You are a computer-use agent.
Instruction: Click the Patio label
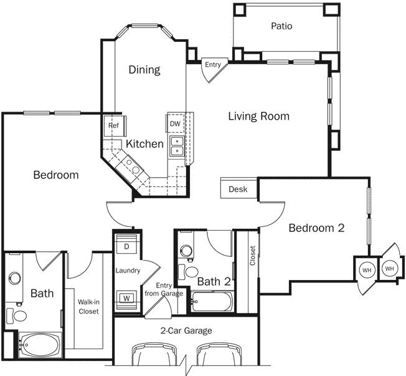point(281,26)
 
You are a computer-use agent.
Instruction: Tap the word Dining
point(144,69)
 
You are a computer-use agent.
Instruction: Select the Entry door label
point(212,64)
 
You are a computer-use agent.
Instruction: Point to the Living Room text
point(258,116)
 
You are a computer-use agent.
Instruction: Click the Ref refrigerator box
point(114,125)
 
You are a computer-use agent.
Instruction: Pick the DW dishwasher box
point(174,124)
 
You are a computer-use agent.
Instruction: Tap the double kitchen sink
point(177,146)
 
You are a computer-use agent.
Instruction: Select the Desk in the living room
point(238,189)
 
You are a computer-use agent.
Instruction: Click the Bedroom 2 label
point(316,228)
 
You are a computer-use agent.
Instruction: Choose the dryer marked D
point(128,246)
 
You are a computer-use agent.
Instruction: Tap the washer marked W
point(127,297)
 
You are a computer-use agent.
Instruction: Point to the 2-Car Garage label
point(186,330)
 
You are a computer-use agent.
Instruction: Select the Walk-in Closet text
point(88,307)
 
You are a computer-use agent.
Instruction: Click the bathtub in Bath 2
point(212,304)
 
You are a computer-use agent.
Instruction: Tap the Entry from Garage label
point(163,289)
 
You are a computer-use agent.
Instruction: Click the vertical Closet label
point(252,256)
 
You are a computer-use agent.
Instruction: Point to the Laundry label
point(128,271)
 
